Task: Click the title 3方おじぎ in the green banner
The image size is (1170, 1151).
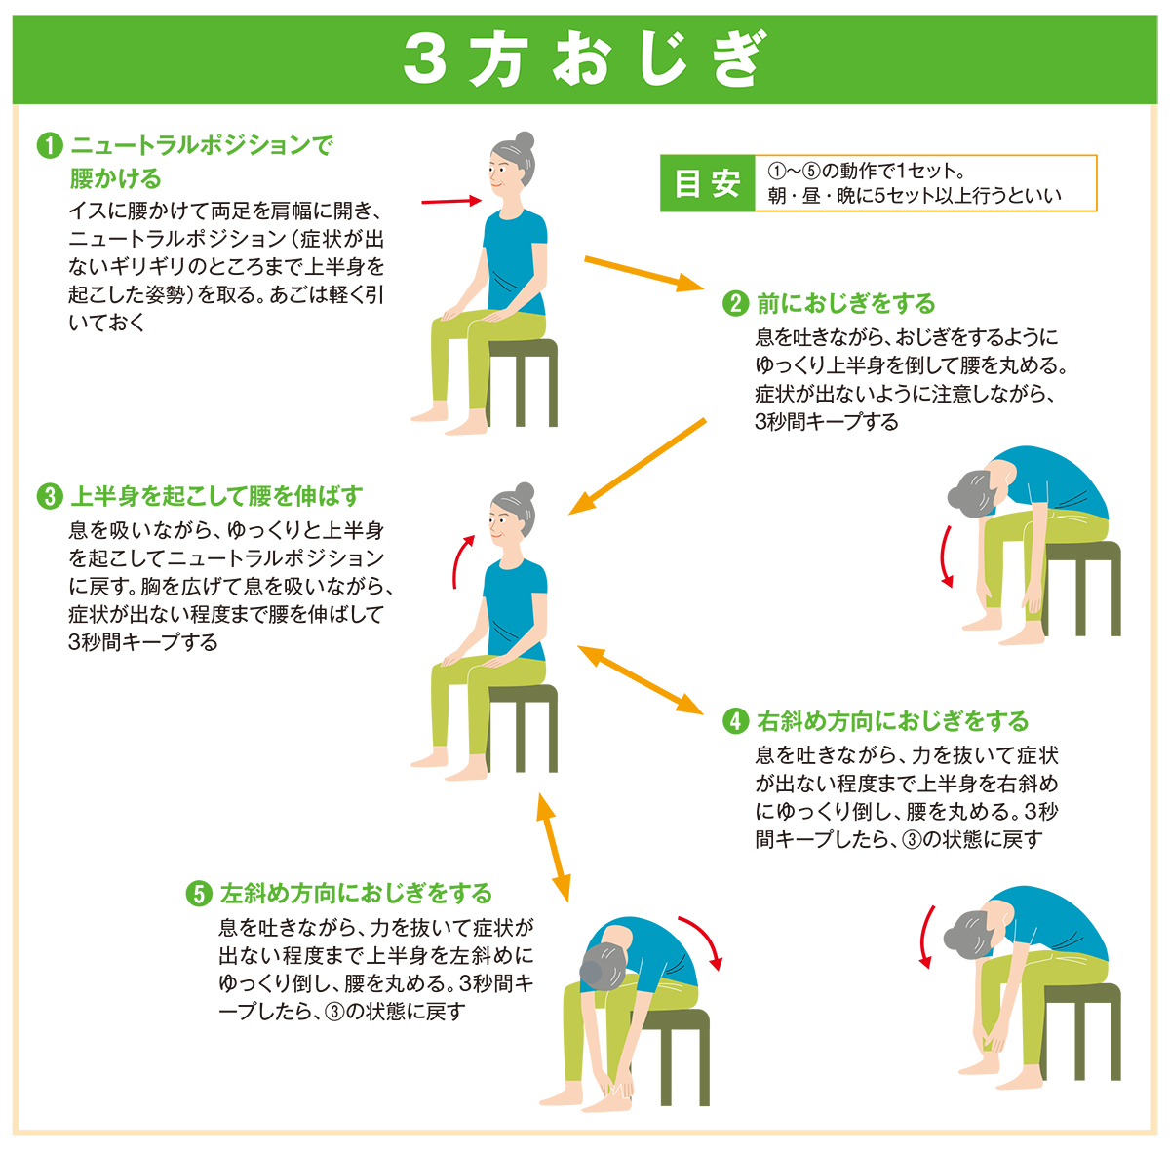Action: coord(584,60)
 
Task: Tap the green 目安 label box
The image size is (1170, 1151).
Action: coord(707,183)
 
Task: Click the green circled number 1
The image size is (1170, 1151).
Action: coord(50,145)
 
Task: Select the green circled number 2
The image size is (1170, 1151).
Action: coord(735,303)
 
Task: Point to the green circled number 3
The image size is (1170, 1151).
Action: coord(50,497)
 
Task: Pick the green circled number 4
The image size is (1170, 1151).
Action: coord(735,722)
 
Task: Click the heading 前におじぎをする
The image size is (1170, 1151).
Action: coord(845,304)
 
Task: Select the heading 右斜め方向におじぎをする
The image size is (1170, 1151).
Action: coord(892,722)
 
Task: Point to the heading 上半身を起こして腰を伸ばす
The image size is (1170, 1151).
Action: coord(216,497)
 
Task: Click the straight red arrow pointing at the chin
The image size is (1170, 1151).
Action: coord(451,201)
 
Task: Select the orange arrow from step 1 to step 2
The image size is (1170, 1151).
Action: coord(643,274)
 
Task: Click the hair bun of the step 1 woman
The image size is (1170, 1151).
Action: coord(524,141)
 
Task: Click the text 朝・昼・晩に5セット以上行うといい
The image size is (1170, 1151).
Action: coord(915,196)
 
